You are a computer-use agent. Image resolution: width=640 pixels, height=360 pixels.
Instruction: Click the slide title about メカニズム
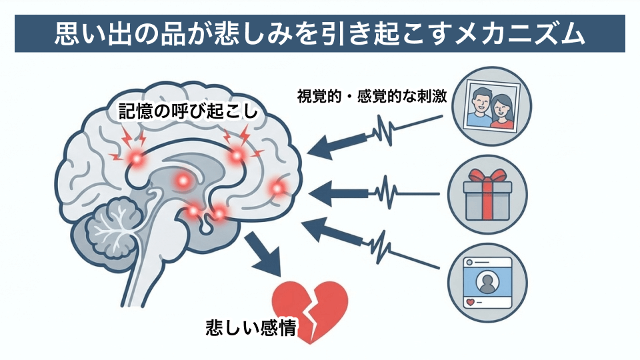(x=320, y=32)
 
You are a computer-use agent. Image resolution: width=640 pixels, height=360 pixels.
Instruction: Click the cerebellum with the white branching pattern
(x=113, y=227)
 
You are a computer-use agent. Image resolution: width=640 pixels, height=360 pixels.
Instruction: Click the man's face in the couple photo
(x=479, y=103)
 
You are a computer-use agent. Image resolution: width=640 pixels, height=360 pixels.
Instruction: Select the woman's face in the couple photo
(x=503, y=105)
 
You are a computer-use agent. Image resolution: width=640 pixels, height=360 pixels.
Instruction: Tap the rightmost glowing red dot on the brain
(x=277, y=189)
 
